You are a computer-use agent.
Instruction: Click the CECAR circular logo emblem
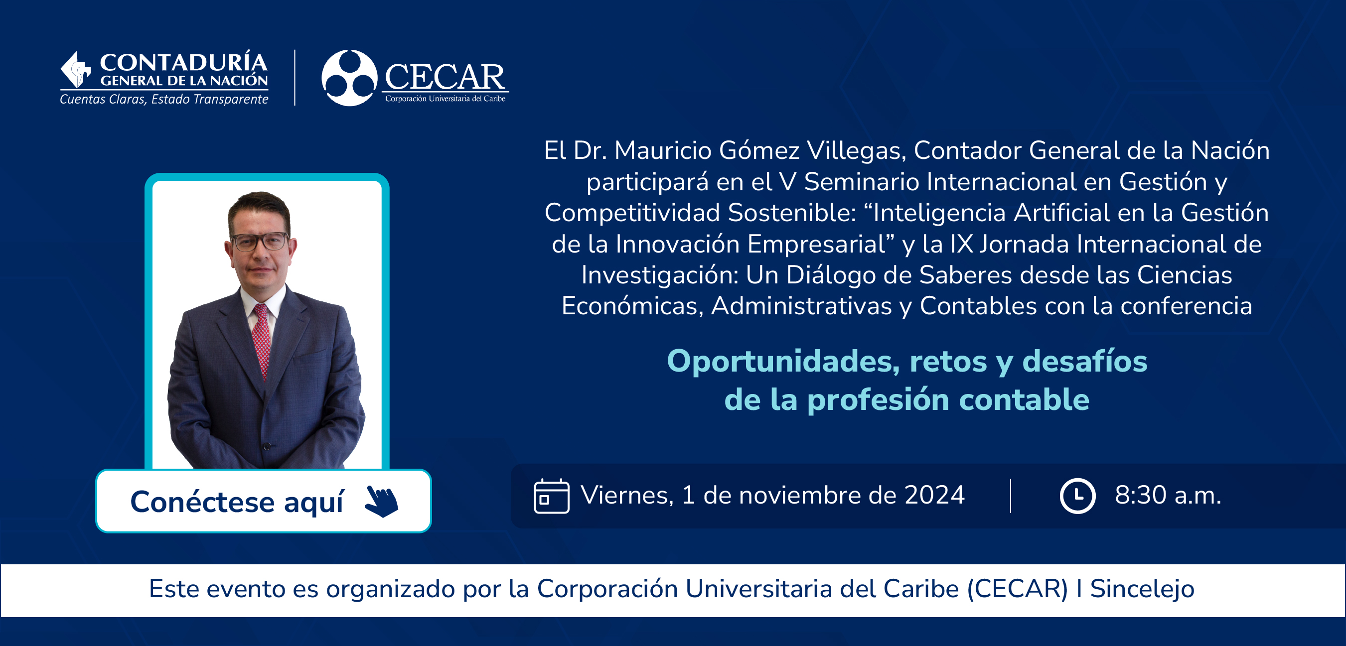[x=349, y=78]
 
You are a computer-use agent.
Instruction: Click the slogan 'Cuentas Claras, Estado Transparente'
[x=164, y=99]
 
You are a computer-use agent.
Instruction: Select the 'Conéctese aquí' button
[x=263, y=501]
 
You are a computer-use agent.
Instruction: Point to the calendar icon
[x=551, y=496]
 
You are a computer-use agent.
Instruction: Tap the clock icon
[x=1077, y=496]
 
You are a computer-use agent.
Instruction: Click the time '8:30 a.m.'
[x=1168, y=495]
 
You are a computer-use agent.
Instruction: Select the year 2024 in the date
[x=934, y=495]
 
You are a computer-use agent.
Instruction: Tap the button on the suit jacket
[x=267, y=446]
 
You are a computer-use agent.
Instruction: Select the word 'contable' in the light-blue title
[x=1024, y=399]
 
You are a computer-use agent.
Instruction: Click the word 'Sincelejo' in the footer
[x=1142, y=589]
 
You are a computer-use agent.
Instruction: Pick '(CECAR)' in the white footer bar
[x=1017, y=589]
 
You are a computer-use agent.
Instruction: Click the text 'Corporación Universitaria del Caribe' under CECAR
[x=445, y=99]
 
